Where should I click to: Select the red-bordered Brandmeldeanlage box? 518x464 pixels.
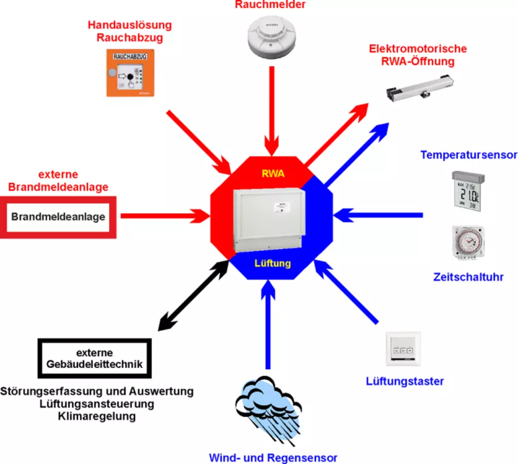click(58, 217)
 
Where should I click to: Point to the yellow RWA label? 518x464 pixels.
click(273, 174)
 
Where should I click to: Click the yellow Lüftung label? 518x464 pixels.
click(273, 263)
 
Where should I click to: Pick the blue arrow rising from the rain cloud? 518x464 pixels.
click(268, 325)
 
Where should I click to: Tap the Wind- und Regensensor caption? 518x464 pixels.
click(273, 457)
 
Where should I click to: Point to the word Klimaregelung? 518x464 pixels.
click(97, 416)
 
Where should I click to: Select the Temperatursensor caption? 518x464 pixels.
click(468, 155)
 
